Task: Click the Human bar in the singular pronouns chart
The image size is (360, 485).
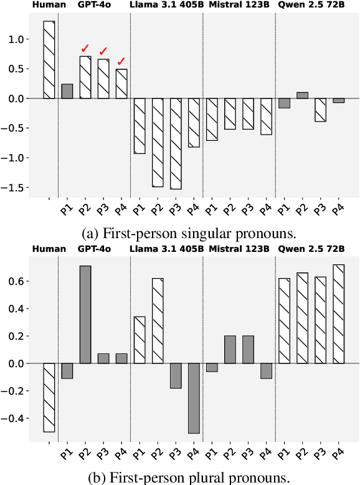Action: point(49,60)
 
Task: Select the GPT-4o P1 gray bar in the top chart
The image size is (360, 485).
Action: point(67,91)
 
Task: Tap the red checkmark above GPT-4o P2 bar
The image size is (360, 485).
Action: point(85,49)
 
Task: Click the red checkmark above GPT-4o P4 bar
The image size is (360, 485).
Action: point(121,61)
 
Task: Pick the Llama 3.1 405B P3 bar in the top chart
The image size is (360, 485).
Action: point(176,143)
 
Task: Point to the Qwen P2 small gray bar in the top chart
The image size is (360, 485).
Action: point(303,95)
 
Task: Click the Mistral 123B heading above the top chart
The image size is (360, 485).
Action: point(239,5)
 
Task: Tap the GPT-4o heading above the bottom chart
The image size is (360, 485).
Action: point(94,249)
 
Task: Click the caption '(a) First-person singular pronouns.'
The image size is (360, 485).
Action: point(179,234)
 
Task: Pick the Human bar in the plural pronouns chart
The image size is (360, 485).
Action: point(49,398)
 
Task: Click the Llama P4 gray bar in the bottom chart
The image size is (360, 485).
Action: point(194,398)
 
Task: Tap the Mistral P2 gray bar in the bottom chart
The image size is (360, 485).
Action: point(230,350)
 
